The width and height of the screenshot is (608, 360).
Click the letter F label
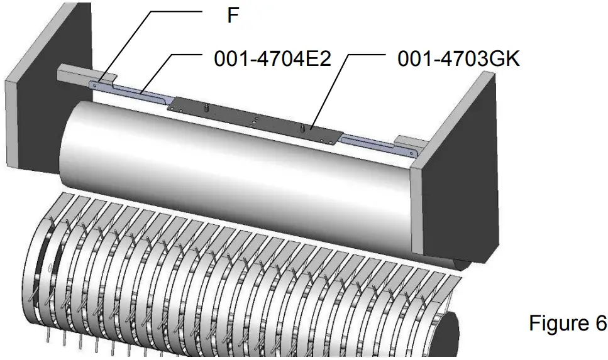click(233, 16)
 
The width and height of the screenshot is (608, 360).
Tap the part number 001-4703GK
click(459, 59)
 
